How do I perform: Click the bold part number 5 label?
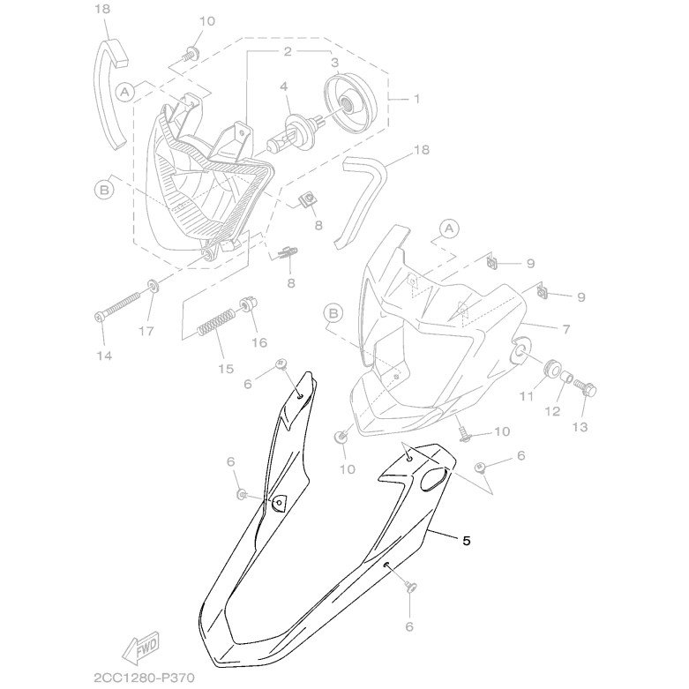click(x=466, y=541)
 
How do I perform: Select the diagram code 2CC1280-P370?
click(x=144, y=678)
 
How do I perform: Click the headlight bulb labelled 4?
click(x=296, y=131)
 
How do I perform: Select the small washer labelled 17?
click(x=153, y=287)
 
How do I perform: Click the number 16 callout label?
click(x=259, y=343)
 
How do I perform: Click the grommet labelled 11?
click(x=550, y=368)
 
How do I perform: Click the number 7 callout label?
click(x=565, y=329)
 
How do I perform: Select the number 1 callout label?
click(x=416, y=99)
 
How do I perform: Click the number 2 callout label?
click(x=288, y=52)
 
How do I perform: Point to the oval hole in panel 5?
click(x=435, y=478)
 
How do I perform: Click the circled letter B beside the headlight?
click(x=104, y=191)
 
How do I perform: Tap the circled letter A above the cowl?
click(x=449, y=229)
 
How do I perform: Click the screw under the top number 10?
click(x=191, y=54)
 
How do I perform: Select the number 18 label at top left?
click(x=102, y=9)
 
